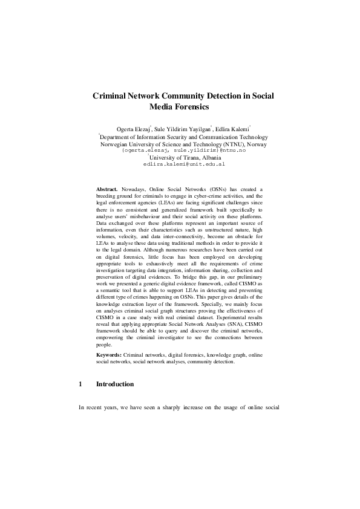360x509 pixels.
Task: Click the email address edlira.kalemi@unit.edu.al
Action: (x=184, y=164)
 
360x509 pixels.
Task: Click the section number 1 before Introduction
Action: (x=80, y=384)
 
